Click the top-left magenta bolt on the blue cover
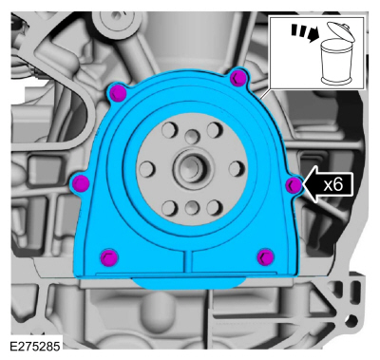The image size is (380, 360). click(118, 92)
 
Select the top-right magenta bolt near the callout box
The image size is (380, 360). click(238, 78)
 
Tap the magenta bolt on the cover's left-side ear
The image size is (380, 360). click(81, 182)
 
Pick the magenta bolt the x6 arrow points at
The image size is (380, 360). click(294, 185)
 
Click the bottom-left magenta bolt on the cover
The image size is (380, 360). click(109, 256)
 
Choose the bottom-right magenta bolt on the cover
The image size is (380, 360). click(265, 256)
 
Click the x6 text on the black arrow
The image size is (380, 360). click(333, 184)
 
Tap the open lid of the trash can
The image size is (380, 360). click(341, 31)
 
